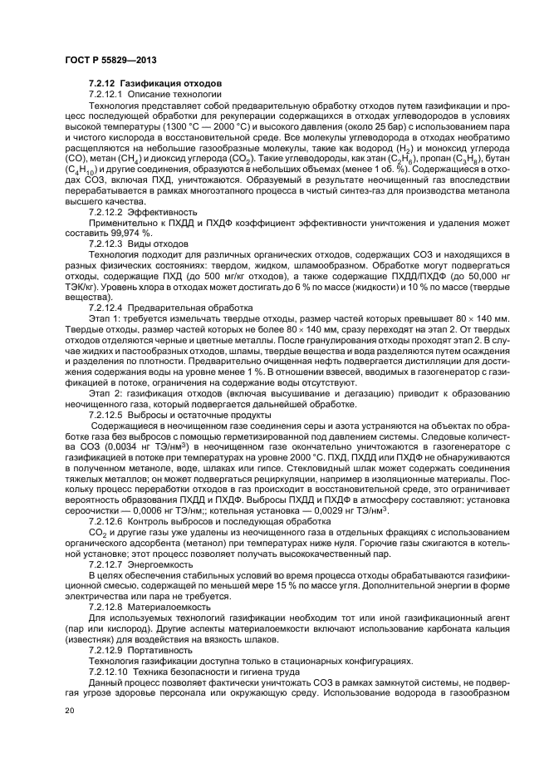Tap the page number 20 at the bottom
pos(70,711)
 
